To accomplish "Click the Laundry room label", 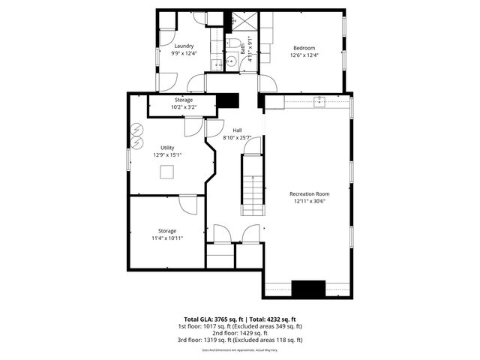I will click(184, 46).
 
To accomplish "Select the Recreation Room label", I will click(309, 193).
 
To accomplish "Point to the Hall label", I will click(236, 130).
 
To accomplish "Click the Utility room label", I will click(167, 148).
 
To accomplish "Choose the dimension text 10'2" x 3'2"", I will click(184, 107).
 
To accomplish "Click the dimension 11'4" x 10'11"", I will click(166, 238).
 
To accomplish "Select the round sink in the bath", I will click(232, 62).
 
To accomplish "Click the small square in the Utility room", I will click(167, 172).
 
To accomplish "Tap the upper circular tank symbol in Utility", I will click(138, 128).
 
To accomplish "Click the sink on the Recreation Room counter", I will click(318, 99).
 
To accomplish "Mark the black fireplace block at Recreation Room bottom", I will click(307, 289).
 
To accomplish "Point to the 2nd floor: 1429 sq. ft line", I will click(240, 333).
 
